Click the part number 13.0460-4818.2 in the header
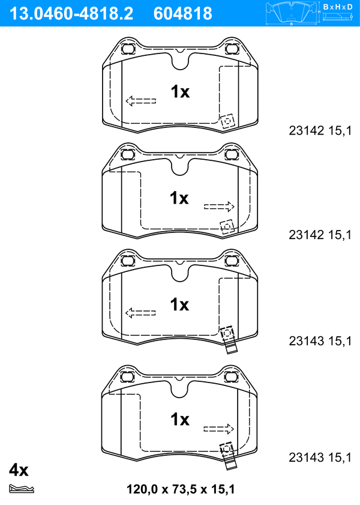71,14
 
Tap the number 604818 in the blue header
183,14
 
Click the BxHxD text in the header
338,7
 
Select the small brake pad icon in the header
292,13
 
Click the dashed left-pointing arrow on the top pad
141,101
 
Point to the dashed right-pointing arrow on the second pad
219,207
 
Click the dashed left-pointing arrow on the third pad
140,313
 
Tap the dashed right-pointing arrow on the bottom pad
218,429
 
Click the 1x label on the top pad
180,91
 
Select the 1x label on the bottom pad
180,419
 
